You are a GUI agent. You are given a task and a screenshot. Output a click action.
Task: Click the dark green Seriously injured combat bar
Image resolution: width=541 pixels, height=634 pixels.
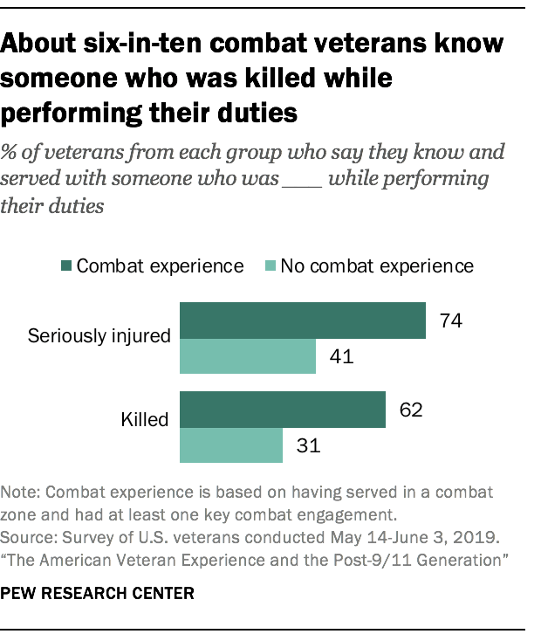coord(302,320)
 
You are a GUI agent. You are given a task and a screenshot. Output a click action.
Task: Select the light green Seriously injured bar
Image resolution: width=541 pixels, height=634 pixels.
coord(247,358)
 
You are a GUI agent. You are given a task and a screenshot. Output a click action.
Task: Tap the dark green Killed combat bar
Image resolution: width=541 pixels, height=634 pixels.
coord(282,410)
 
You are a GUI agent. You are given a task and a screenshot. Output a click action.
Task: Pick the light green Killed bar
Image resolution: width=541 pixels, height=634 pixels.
coord(230,445)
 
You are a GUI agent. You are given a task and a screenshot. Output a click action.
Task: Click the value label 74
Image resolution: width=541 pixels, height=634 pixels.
coord(449,320)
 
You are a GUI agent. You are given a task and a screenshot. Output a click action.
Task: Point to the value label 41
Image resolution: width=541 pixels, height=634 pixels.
coord(339,358)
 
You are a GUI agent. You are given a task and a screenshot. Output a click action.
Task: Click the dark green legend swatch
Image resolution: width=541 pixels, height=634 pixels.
coord(67,265)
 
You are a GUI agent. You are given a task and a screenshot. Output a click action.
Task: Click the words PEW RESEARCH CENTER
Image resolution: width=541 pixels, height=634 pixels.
coord(98,593)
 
